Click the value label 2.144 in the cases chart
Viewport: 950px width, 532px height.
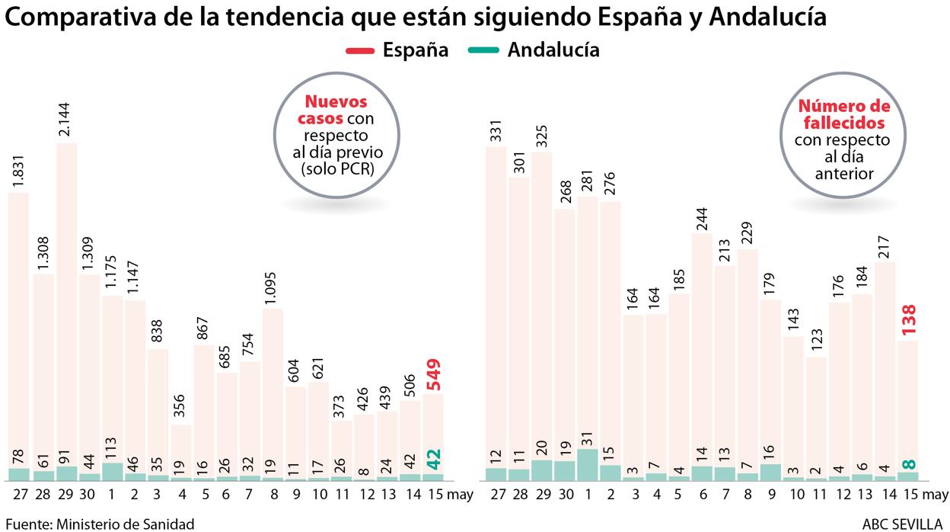(66, 119)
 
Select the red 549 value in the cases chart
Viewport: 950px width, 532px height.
(434, 373)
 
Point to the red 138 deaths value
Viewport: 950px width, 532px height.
(908, 320)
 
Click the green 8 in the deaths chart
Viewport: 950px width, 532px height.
(908, 463)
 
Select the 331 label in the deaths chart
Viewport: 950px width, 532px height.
(496, 127)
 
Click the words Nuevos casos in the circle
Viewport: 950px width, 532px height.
(336, 111)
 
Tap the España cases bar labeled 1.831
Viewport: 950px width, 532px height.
(19, 328)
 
